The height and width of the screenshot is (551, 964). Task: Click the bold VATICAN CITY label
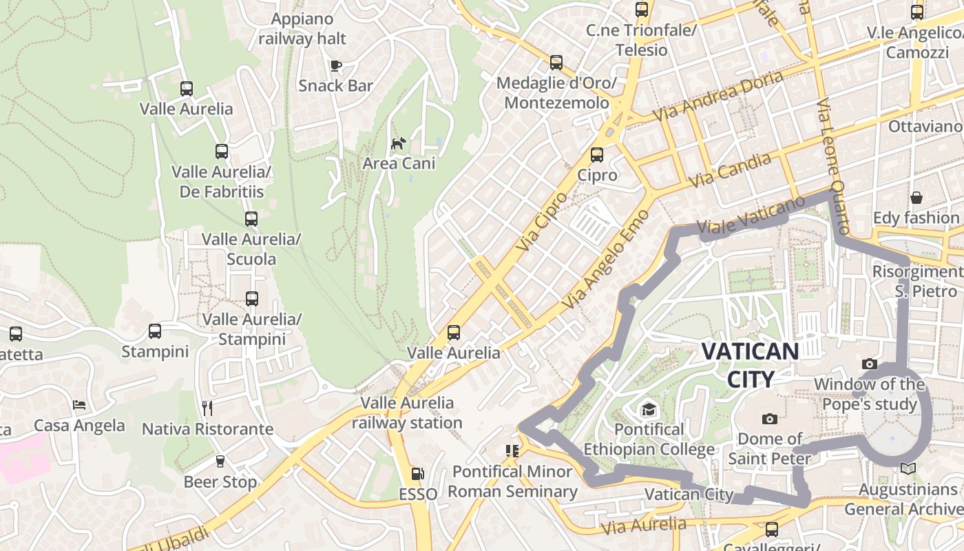click(x=750, y=364)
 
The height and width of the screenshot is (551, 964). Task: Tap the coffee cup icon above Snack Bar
click(x=335, y=66)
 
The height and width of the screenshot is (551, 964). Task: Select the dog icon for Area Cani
click(x=399, y=143)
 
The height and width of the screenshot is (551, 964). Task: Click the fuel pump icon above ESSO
click(x=417, y=474)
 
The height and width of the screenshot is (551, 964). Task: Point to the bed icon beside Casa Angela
click(x=80, y=405)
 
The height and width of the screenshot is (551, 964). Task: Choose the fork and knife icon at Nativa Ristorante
click(x=207, y=408)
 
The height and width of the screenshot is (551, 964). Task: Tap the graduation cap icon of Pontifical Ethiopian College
click(x=649, y=410)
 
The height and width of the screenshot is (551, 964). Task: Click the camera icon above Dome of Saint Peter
click(x=770, y=419)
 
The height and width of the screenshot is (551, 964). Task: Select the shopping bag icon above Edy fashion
click(x=916, y=198)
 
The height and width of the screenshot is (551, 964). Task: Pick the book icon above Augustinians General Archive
click(x=908, y=469)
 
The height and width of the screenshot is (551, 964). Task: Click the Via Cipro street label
click(x=541, y=220)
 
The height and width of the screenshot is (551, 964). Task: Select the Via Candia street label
click(x=730, y=170)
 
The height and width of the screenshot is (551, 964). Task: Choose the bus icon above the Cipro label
click(x=597, y=155)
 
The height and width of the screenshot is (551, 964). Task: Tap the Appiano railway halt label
click(x=303, y=28)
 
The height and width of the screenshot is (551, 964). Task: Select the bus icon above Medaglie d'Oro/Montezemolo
click(x=556, y=63)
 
